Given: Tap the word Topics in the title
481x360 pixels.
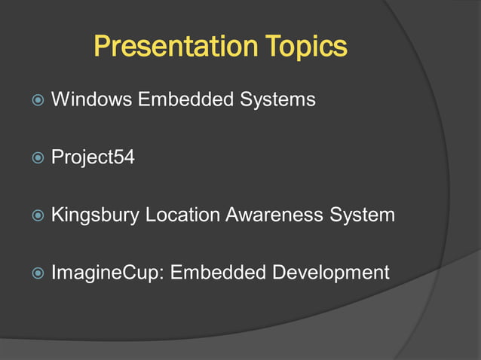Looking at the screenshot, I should coord(306,47).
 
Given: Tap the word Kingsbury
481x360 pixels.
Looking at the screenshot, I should coord(95,215).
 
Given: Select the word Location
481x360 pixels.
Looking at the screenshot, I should coord(182,215).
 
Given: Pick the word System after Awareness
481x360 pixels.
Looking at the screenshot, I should coord(362,215).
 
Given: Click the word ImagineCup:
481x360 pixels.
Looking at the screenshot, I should coord(108,272).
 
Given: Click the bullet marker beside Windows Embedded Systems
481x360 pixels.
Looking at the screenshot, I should coord(35,99).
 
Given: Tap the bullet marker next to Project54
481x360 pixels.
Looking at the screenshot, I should coord(35,158).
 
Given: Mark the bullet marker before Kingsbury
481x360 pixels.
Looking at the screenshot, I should coord(35,215).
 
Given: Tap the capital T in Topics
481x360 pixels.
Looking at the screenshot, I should coord(274,47).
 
